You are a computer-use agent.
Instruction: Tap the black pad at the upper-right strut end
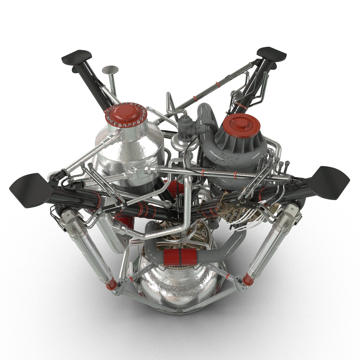coord(271,54)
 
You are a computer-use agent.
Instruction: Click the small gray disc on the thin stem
coord(110,70)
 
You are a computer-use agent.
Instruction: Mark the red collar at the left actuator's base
coord(111,284)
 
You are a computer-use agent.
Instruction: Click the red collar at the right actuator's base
coord(248,279)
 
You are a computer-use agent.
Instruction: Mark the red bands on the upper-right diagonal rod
coord(218,84)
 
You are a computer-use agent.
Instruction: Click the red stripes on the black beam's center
coord(143,209)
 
